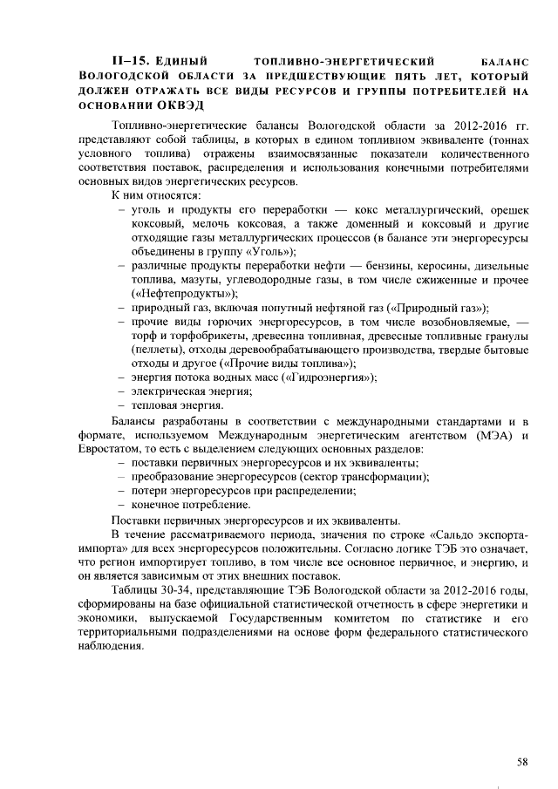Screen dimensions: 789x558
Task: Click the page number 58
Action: click(522, 761)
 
